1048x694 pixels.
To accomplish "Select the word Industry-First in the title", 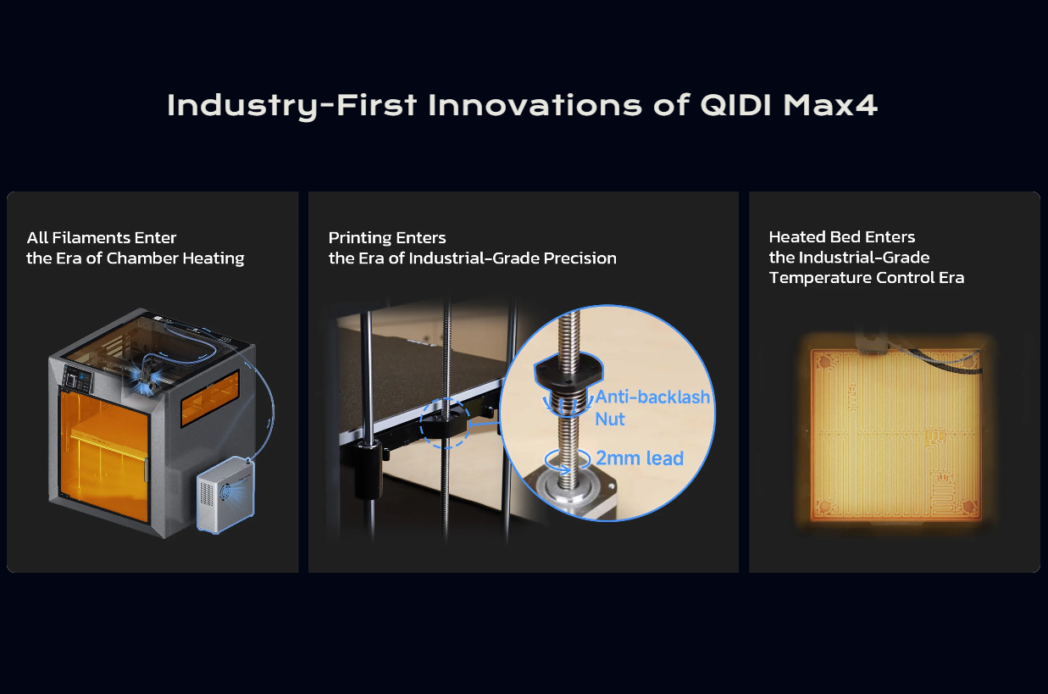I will coord(292,105).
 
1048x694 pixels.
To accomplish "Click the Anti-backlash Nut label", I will coord(652,408).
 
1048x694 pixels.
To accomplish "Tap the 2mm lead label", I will coord(640,458).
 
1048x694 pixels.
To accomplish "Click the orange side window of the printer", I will coord(210,396).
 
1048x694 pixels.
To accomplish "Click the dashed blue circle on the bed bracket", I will coord(443,422).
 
